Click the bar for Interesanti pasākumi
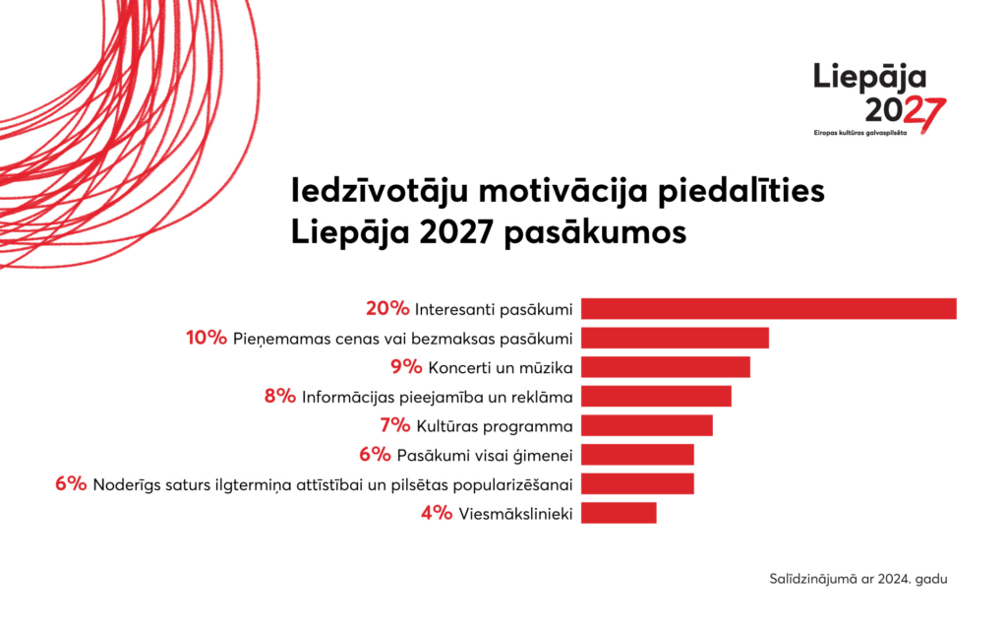(768, 309)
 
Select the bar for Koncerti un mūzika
(665, 367)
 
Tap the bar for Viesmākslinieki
(618, 513)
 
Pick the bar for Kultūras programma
(646, 425)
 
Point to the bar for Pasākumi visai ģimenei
(637, 455)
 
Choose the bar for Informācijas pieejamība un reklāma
(656, 397)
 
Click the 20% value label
(386, 309)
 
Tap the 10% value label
(207, 339)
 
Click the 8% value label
(279, 397)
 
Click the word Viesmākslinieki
(516, 514)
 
